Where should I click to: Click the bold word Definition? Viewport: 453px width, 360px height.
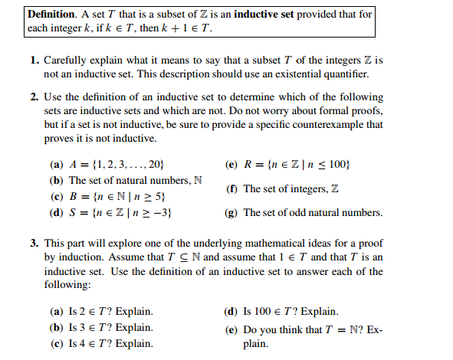[53, 15]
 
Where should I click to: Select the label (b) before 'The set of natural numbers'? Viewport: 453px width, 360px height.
[57, 181]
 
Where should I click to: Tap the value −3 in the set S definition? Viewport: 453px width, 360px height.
[158, 212]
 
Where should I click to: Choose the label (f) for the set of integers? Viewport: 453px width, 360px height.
[230, 188]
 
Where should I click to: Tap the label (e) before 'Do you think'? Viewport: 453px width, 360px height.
[230, 330]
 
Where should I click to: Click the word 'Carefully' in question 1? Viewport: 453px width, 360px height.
[65, 60]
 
